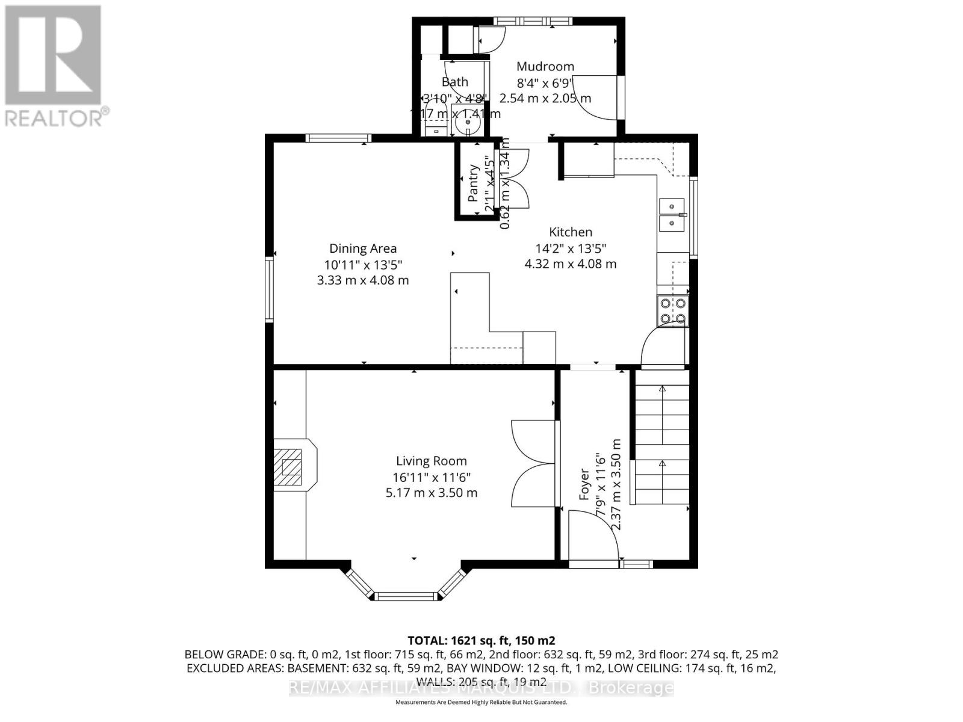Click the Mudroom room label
pyautogui.click(x=545, y=66)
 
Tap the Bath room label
pyautogui.click(x=455, y=82)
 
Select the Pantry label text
pyautogui.click(x=473, y=184)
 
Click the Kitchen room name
pyautogui.click(x=571, y=232)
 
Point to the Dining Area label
pyautogui.click(x=363, y=248)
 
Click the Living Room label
pyautogui.click(x=431, y=461)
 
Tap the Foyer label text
pyautogui.click(x=584, y=484)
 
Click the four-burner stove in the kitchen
pyautogui.click(x=673, y=311)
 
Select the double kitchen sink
pyautogui.click(x=673, y=215)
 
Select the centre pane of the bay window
pyautogui.click(x=405, y=596)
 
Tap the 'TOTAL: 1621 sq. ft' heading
pyautogui.click(x=481, y=640)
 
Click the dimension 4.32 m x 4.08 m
pyautogui.click(x=571, y=264)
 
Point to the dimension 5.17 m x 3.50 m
pyautogui.click(x=431, y=493)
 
